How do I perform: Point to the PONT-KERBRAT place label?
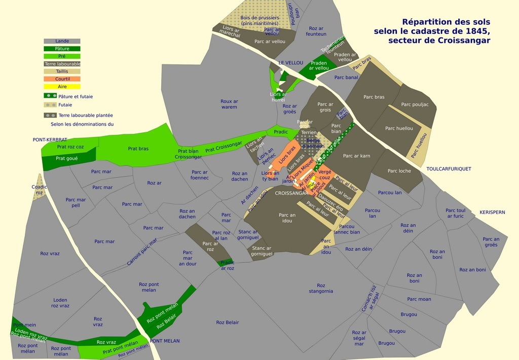point(50,139)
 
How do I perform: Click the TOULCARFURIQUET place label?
point(449,169)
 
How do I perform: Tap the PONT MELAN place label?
point(165,341)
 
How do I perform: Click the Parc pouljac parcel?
point(415,105)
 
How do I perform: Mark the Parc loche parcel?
point(399,171)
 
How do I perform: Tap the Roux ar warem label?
point(229,104)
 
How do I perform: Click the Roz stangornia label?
point(320,288)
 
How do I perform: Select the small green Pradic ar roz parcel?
point(226,263)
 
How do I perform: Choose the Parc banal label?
point(345,78)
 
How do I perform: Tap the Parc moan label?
point(419,299)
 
